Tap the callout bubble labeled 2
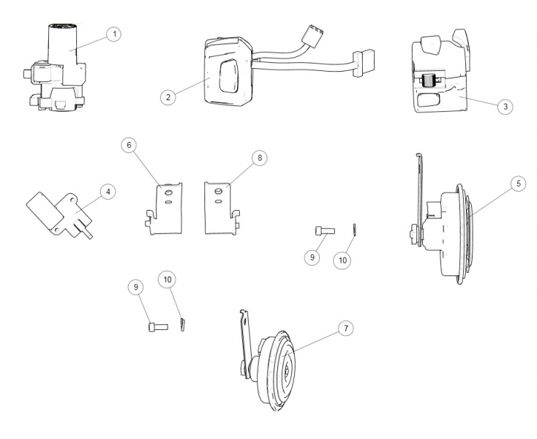click(168, 97)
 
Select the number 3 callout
click(505, 106)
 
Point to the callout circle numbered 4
click(108, 192)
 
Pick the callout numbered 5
click(517, 184)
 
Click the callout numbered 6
click(129, 146)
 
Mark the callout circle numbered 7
click(345, 329)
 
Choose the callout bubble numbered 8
click(258, 157)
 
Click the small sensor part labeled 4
click(61, 211)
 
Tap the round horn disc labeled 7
click(278, 369)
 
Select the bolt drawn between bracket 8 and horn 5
click(324, 231)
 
